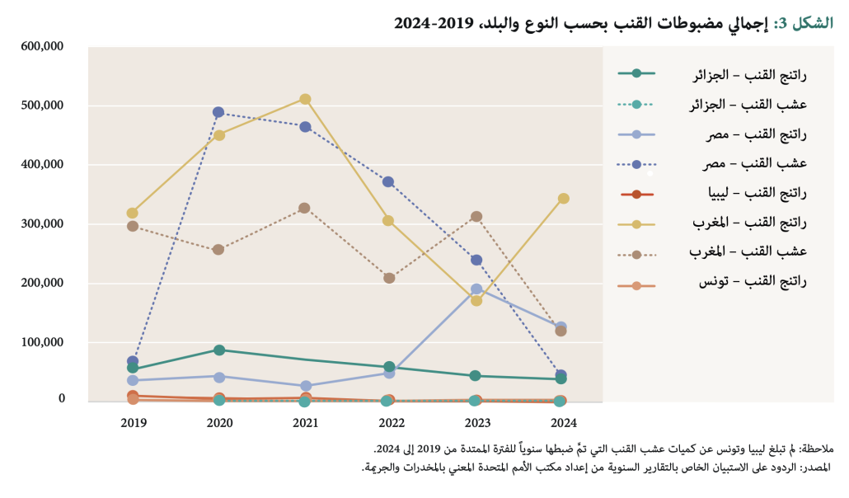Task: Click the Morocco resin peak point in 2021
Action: coord(305,99)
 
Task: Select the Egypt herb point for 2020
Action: coord(218,112)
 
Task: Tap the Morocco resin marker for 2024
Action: coord(563,199)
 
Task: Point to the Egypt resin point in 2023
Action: coord(476,289)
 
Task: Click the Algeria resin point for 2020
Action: coord(219,350)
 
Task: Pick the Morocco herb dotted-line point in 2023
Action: coord(476,217)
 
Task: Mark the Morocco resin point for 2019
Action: coord(133,214)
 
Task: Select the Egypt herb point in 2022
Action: coord(390,181)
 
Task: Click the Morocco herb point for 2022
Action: coord(390,278)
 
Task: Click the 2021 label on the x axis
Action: coord(305,423)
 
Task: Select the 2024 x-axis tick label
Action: coord(563,423)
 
